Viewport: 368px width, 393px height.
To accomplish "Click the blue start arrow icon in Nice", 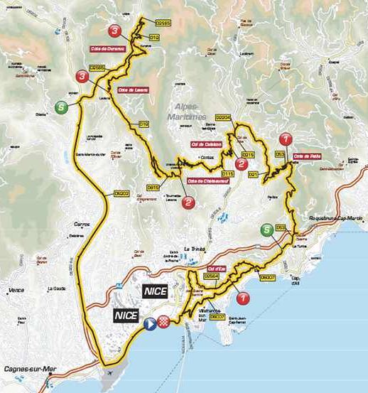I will click(150, 323).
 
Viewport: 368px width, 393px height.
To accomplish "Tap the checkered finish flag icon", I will click(163, 322).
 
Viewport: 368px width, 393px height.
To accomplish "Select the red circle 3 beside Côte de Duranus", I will click(115, 31).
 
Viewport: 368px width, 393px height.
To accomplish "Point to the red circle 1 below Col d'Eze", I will click(243, 298).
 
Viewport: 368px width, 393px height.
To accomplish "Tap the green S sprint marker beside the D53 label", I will click(266, 230).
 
